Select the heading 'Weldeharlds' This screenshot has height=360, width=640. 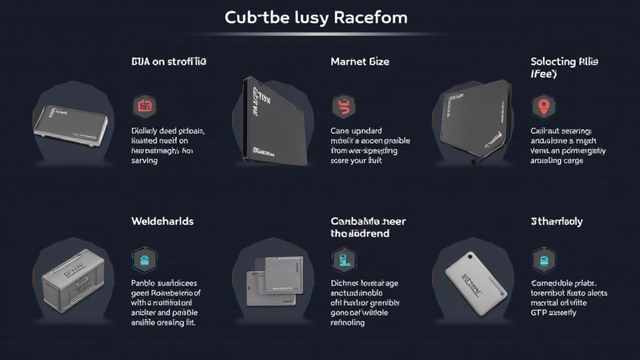162,221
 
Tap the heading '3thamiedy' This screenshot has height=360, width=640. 557,221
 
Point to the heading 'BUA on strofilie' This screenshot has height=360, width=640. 169,62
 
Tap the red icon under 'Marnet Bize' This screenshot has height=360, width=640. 344,106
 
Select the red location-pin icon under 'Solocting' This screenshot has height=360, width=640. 543,106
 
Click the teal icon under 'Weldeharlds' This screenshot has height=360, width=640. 144,259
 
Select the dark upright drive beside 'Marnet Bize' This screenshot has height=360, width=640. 275,122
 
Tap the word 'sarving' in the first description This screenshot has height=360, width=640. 144,161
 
